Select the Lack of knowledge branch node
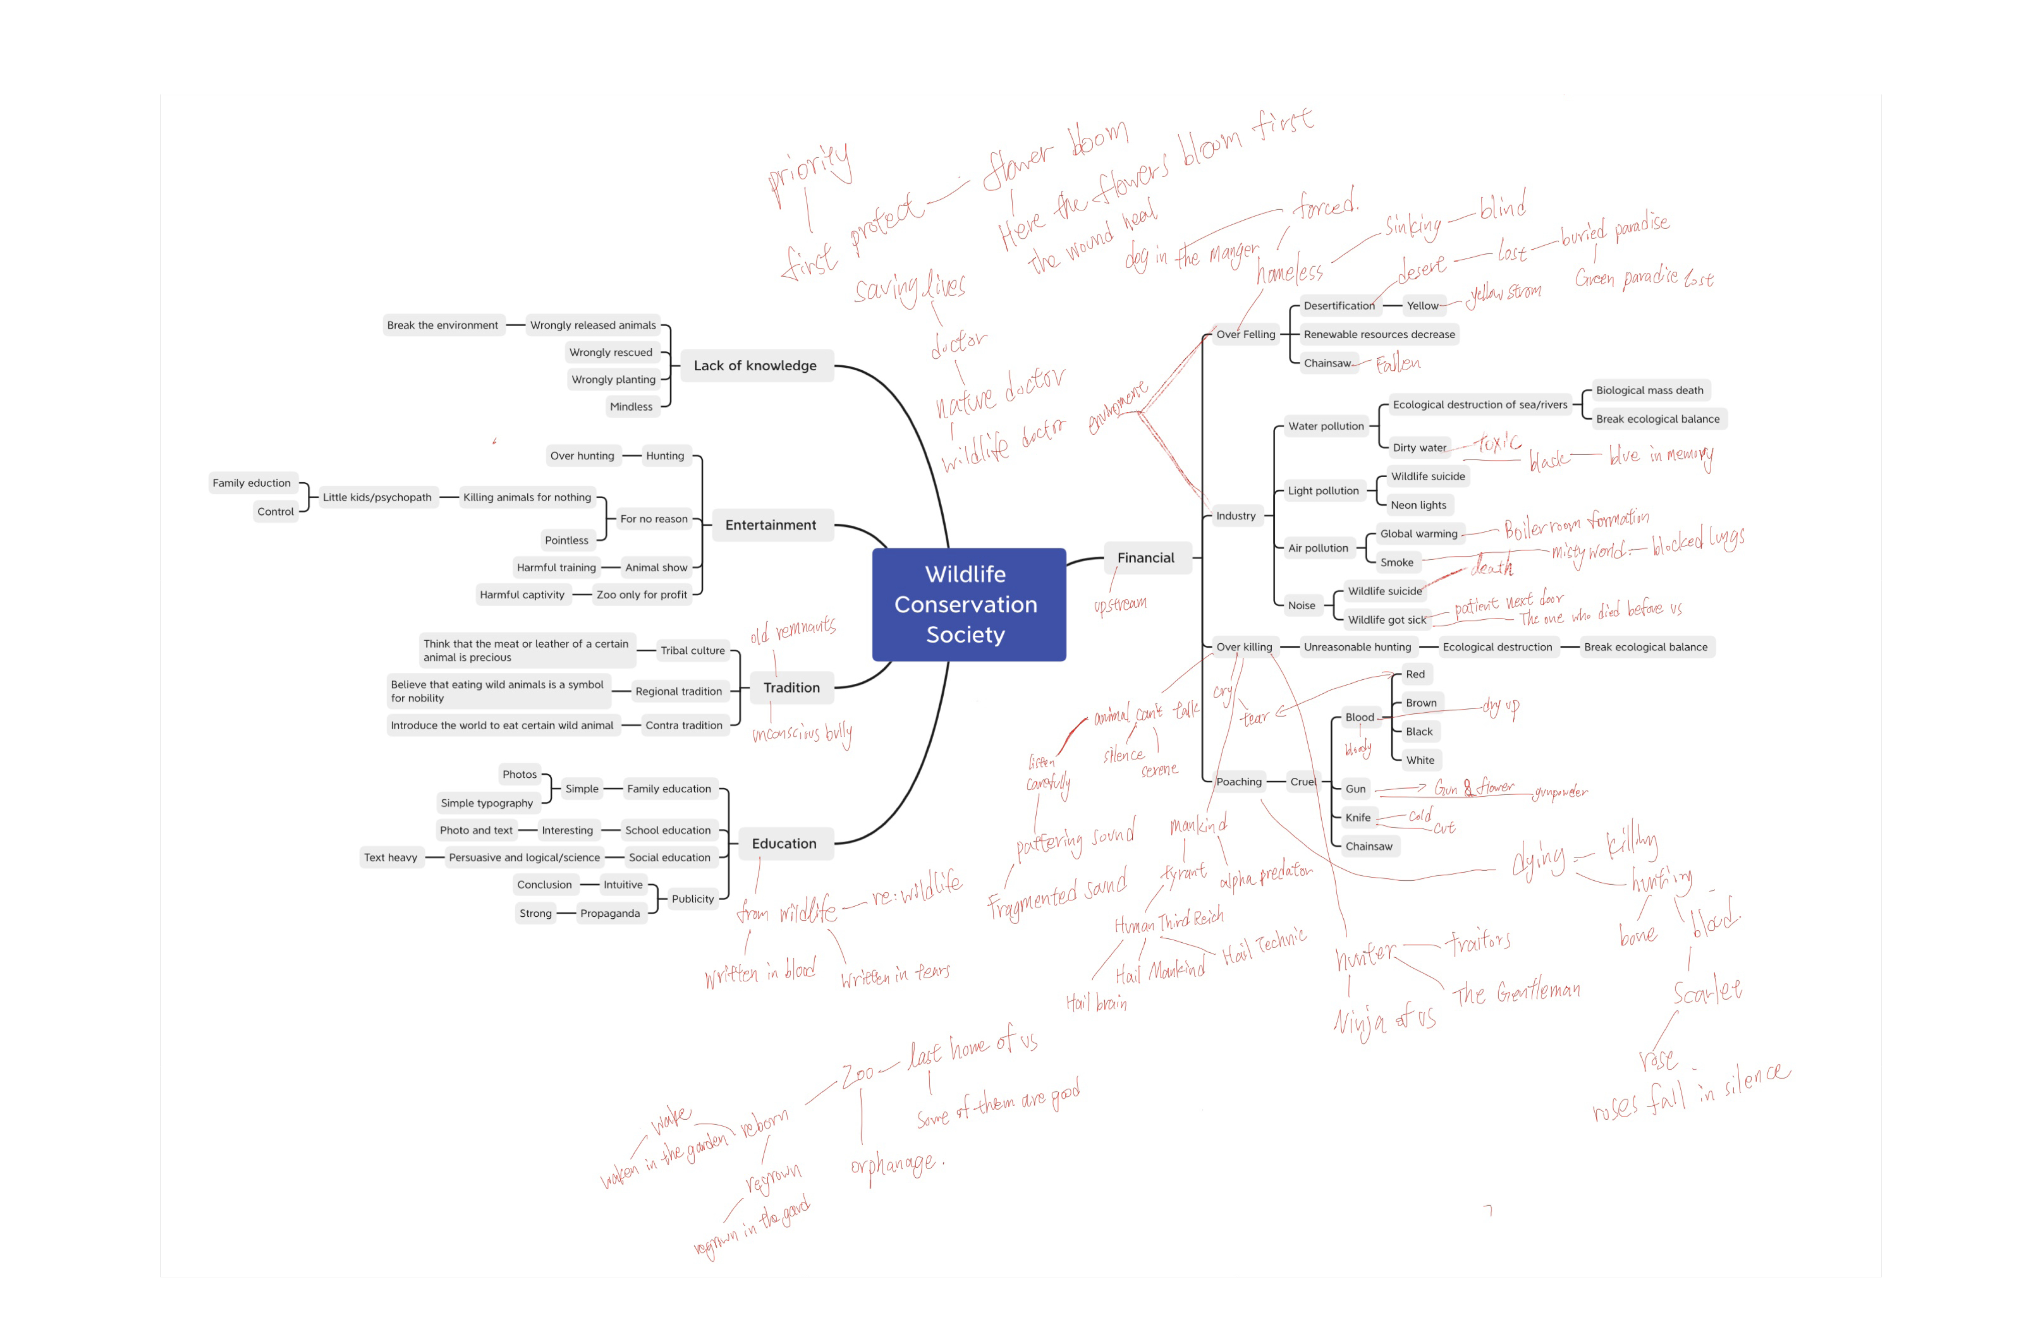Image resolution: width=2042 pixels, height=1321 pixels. click(x=755, y=365)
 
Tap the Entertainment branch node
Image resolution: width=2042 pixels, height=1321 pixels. click(x=770, y=525)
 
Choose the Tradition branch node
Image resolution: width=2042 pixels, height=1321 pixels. click(x=791, y=687)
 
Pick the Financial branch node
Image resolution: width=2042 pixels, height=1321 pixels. click(x=1146, y=558)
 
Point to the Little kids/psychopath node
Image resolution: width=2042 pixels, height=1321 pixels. click(x=377, y=498)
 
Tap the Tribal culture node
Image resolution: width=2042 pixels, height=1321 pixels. click(x=692, y=650)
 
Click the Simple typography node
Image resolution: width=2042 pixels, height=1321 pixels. click(x=486, y=803)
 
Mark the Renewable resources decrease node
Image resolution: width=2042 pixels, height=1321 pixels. click(x=1379, y=335)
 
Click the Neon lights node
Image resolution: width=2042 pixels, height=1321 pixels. click(x=1418, y=505)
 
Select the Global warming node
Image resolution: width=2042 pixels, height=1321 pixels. click(x=1418, y=534)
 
